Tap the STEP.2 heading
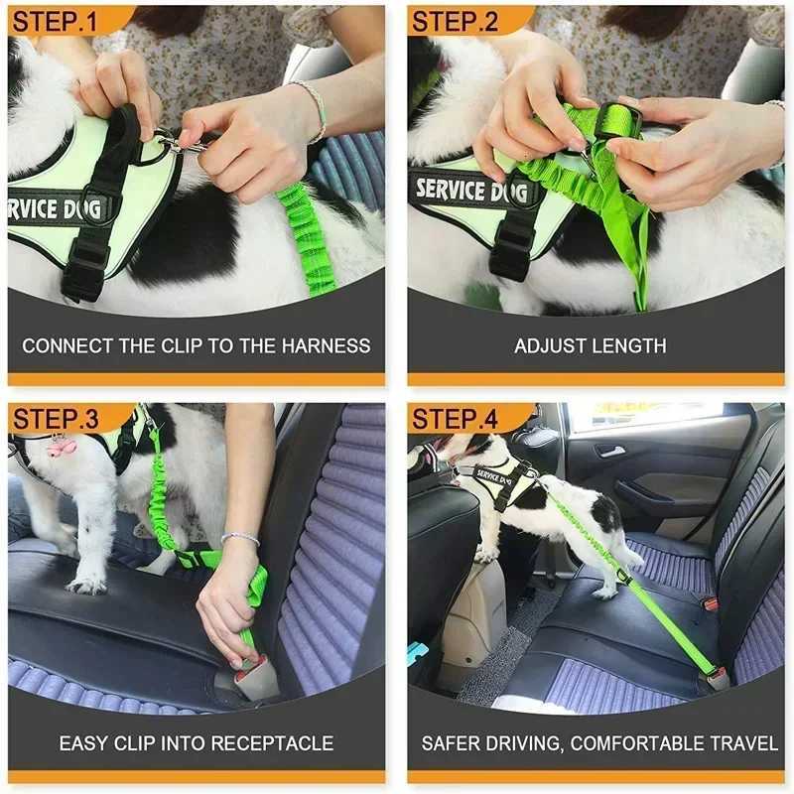[x=456, y=21]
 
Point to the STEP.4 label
[x=456, y=418]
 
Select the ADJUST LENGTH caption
[x=590, y=346]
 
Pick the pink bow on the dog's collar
[x=61, y=446]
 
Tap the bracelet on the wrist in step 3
[x=239, y=538]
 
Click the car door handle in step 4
[x=611, y=452]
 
